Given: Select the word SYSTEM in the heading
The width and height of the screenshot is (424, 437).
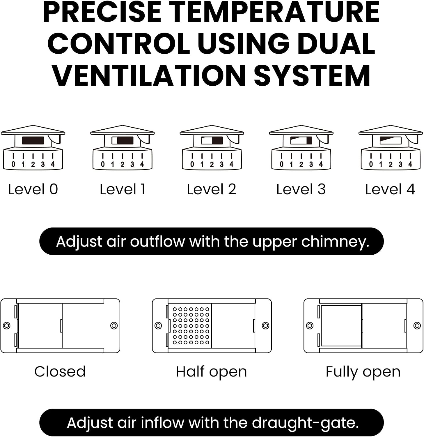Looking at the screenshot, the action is click(312, 75).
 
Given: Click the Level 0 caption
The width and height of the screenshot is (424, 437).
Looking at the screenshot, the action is click(33, 189).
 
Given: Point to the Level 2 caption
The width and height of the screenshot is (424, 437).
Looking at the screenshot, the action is click(212, 189).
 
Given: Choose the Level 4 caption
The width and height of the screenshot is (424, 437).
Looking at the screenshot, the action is click(390, 189).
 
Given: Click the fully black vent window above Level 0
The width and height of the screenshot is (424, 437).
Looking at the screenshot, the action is click(33, 140).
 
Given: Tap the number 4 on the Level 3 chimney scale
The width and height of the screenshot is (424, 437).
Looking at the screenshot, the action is click(321, 164).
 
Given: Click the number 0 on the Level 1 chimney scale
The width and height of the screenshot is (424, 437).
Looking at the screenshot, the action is click(103, 164).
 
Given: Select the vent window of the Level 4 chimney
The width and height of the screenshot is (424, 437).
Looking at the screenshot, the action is click(391, 140).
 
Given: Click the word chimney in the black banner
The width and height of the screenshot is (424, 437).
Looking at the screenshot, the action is click(335, 242).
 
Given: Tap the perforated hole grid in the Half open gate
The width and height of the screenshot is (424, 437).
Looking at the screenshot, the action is click(191, 326).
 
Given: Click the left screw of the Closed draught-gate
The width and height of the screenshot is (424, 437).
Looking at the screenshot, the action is click(7, 325).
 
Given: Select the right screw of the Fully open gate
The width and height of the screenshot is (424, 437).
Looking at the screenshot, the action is click(417, 325).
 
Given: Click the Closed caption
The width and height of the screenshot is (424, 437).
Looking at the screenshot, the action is click(60, 372).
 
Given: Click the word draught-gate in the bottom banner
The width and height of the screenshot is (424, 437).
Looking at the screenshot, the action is click(305, 423).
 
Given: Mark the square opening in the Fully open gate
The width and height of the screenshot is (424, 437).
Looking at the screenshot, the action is click(341, 326).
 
